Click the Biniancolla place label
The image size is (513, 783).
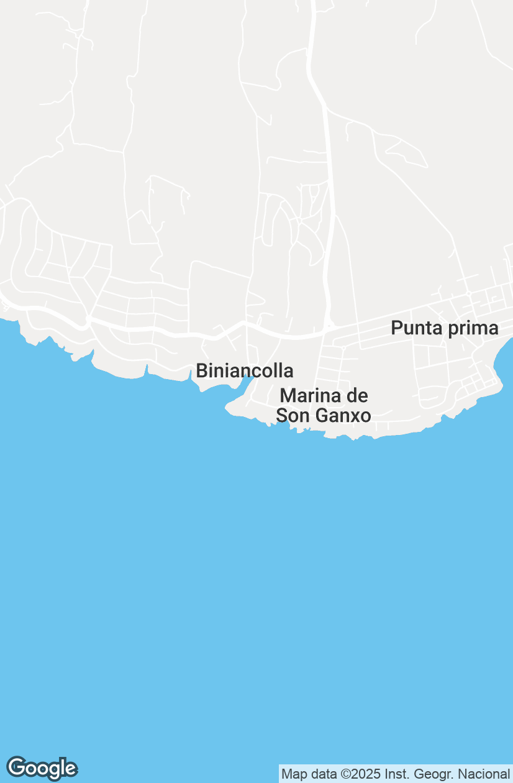245,371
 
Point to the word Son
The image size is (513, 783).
290,415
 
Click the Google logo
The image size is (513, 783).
42,768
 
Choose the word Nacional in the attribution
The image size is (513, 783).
483,774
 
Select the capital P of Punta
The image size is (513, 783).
396,328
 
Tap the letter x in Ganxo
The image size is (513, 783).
353,416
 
